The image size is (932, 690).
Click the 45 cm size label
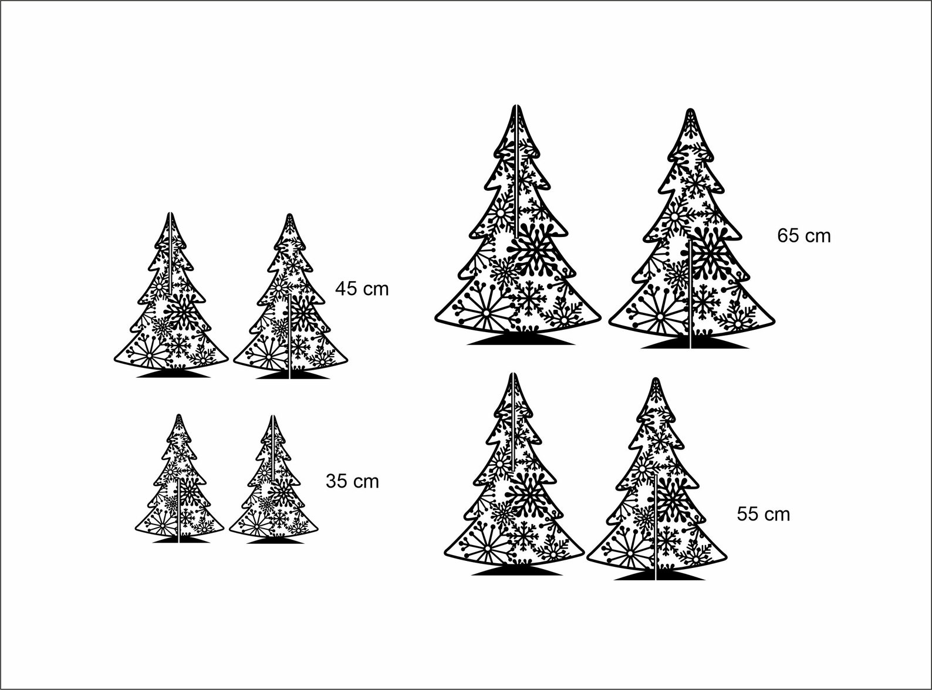[362, 289]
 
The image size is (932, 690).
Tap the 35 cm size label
[352, 482]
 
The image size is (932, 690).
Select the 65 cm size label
[804, 236]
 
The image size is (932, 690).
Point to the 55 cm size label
[763, 515]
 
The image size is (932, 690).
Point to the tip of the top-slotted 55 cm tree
[514, 376]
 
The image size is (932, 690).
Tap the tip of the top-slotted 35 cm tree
[273, 418]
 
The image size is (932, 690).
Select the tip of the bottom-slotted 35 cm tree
[179, 417]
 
